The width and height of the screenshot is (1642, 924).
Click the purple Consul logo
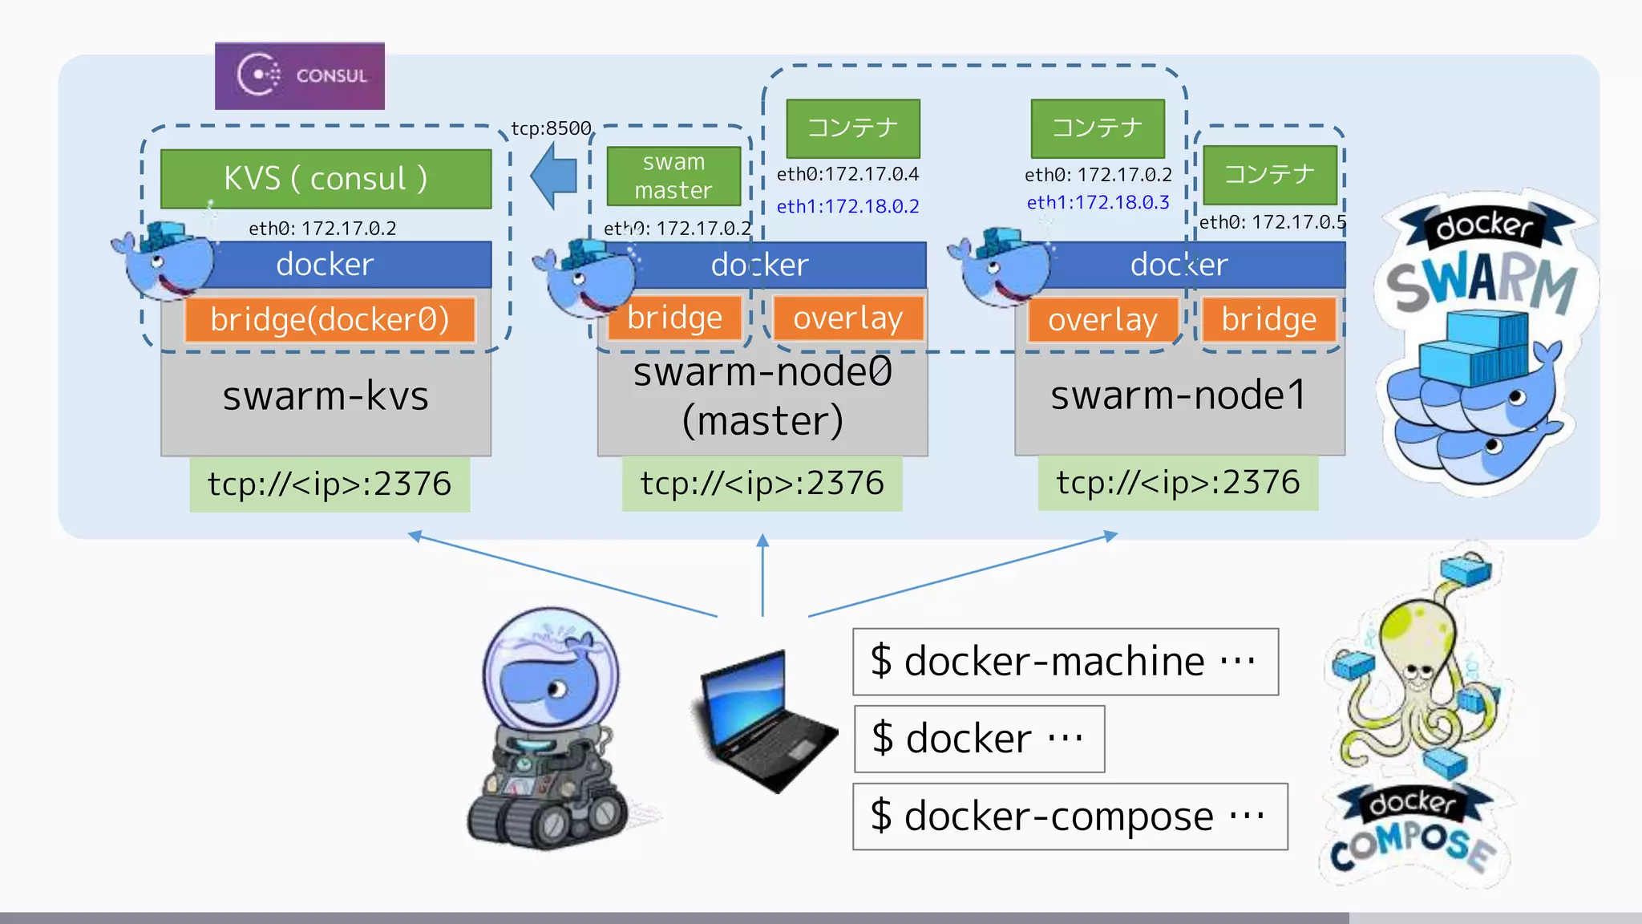pyautogui.click(x=299, y=76)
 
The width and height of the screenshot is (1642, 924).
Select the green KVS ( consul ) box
pyautogui.click(x=326, y=179)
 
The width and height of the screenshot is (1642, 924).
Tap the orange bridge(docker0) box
pyautogui.click(x=330, y=319)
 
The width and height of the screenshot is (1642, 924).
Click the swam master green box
pyautogui.click(x=673, y=176)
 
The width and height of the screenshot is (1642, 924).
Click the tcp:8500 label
pyautogui.click(x=551, y=128)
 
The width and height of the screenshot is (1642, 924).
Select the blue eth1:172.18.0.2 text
pyautogui.click(x=847, y=206)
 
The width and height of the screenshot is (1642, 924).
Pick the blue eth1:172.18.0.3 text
pyautogui.click(x=1098, y=202)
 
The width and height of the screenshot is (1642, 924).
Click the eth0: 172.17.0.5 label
pyautogui.click(x=1272, y=222)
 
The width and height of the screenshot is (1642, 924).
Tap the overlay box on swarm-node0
pyautogui.click(x=847, y=318)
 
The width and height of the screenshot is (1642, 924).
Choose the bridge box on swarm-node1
pyautogui.click(x=1268, y=319)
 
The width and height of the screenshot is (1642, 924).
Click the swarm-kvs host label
pyautogui.click(x=326, y=395)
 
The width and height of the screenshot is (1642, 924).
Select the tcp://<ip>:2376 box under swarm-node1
pyautogui.click(x=1177, y=483)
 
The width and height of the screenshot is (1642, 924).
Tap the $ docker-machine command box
pyautogui.click(x=1065, y=662)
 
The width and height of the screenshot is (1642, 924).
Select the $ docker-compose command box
pyautogui.click(x=1070, y=817)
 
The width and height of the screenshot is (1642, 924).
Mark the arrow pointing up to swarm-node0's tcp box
pyautogui.click(x=762, y=573)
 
